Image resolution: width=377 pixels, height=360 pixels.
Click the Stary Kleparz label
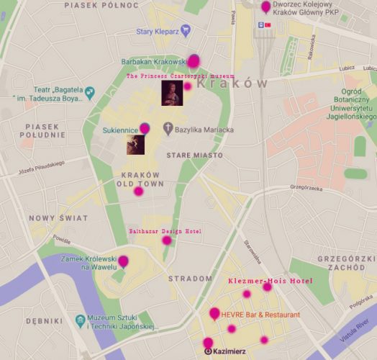(157, 31)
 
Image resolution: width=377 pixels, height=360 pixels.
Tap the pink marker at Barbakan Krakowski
(193, 61)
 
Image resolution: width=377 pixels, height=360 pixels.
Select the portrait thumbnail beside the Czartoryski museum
(171, 90)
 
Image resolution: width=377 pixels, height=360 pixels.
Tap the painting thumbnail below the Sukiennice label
(136, 144)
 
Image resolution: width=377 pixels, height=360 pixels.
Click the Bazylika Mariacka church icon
(168, 130)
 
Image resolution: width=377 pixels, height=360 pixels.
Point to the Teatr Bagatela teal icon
(91, 92)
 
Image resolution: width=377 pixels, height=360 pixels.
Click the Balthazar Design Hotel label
(164, 232)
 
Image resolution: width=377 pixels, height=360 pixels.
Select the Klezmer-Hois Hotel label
(271, 280)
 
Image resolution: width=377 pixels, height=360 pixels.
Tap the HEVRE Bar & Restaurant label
(260, 315)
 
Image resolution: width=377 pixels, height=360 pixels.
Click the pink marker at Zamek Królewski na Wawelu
(123, 261)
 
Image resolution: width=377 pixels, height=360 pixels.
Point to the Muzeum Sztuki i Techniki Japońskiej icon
(80, 319)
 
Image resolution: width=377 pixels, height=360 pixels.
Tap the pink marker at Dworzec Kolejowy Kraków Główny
(266, 7)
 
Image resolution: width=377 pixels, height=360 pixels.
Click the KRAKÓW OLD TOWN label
(140, 179)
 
